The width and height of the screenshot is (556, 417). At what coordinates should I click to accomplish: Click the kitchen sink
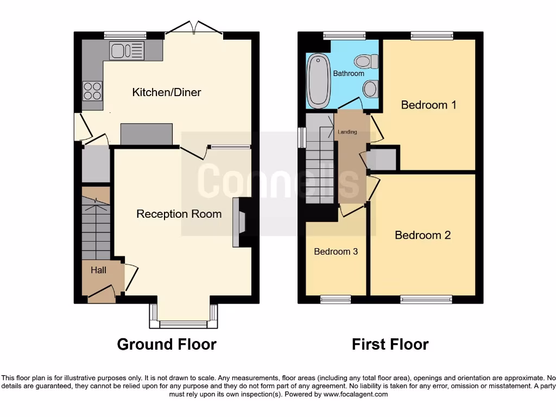pyautogui.click(x=127, y=51)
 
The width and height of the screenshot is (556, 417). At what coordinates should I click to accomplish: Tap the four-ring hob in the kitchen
pyautogui.click(x=92, y=90)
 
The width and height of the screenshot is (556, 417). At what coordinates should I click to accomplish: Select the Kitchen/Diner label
pyautogui.click(x=166, y=92)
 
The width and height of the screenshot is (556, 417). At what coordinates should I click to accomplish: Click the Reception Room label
pyautogui.click(x=179, y=214)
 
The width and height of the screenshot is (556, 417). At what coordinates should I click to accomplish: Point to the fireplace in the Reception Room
pyautogui.click(x=239, y=223)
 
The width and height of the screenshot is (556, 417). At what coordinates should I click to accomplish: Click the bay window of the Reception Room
pyautogui.click(x=184, y=324)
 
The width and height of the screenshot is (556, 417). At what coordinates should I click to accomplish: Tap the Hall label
pyautogui.click(x=98, y=270)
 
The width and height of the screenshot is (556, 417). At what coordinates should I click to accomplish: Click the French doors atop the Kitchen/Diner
pyautogui.click(x=193, y=30)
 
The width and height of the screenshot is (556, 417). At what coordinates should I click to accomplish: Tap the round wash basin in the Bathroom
pyautogui.click(x=371, y=88)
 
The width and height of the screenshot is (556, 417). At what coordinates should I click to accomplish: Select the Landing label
pyautogui.click(x=347, y=132)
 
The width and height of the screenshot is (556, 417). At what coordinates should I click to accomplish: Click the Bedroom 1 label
pyautogui.click(x=428, y=105)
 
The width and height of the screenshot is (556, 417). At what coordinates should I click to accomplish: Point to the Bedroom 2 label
pyautogui.click(x=422, y=235)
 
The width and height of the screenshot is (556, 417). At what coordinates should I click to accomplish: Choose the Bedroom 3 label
pyautogui.click(x=336, y=252)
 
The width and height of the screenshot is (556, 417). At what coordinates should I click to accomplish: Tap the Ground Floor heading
pyautogui.click(x=167, y=344)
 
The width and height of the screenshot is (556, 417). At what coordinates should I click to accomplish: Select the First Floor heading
pyautogui.click(x=390, y=344)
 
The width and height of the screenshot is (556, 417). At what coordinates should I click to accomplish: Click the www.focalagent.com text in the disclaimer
pyautogui.click(x=356, y=395)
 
